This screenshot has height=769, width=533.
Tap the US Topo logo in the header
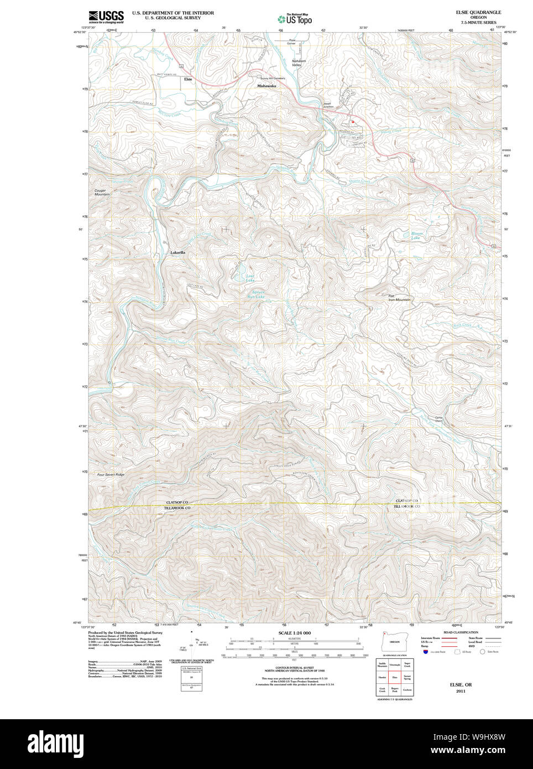click(x=295, y=19)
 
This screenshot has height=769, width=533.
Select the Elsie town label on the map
click(x=188, y=80)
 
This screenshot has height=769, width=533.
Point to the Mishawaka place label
click(x=266, y=86)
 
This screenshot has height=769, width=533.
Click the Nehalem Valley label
click(x=299, y=63)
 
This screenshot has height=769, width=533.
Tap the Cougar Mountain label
click(x=101, y=193)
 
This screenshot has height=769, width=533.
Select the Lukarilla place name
click(x=177, y=252)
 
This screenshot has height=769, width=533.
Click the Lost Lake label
click(x=250, y=278)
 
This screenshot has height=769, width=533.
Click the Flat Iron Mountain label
click(x=399, y=298)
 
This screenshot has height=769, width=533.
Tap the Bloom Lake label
click(x=416, y=235)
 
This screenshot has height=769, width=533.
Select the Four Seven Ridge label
click(x=111, y=475)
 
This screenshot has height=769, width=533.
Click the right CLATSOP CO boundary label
click(x=406, y=500)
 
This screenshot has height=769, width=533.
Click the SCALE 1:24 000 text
click(x=294, y=633)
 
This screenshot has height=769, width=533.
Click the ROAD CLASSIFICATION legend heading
click(x=460, y=632)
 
